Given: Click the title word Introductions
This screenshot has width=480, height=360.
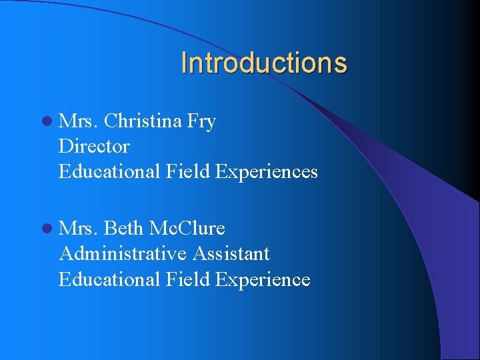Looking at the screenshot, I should click(264, 63).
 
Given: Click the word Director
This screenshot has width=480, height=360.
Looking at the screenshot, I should click(94, 146).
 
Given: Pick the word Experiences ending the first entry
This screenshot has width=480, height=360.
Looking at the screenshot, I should click(267, 172).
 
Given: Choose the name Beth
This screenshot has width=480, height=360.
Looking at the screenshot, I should click(124, 229).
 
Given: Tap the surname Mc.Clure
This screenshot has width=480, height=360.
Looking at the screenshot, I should click(187, 229).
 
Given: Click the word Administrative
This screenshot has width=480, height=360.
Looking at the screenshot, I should click(123, 253).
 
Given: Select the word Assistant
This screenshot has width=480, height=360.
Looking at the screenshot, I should click(231, 253).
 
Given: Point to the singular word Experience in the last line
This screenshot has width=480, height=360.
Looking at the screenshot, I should click(263, 279).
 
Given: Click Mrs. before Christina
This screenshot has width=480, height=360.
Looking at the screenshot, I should click(79, 121).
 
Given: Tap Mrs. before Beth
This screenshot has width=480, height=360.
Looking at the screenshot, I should click(79, 229).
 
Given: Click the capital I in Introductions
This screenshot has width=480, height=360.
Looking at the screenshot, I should click(184, 63).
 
